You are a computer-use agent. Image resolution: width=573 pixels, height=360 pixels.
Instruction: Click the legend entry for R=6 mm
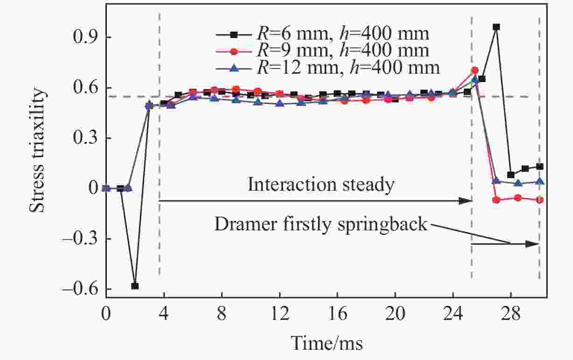[x=322, y=34]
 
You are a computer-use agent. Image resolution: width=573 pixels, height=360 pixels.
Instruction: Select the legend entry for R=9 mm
[x=322, y=51]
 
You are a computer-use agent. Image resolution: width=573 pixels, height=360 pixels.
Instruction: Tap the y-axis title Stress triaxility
[x=39, y=150]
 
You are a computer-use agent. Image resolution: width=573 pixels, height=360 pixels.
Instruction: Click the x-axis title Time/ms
[x=327, y=343]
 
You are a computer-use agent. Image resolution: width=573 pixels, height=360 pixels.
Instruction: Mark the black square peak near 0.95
[x=496, y=27]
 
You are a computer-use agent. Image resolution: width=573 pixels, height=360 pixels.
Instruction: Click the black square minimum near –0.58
[x=135, y=286]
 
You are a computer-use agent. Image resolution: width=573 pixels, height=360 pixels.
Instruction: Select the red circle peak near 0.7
[x=475, y=70]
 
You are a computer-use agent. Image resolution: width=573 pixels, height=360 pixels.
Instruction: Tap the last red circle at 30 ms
[x=539, y=200]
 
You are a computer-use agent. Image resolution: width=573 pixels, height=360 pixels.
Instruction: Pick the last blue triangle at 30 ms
[x=539, y=181]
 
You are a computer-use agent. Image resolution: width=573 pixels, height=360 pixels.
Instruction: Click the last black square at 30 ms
[x=539, y=166]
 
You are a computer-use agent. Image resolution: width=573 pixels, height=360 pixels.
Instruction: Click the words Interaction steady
[x=321, y=185]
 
